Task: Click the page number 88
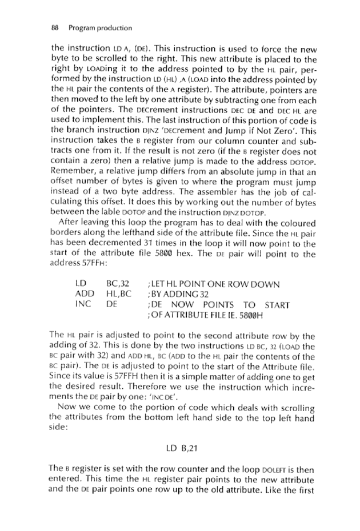55,27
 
